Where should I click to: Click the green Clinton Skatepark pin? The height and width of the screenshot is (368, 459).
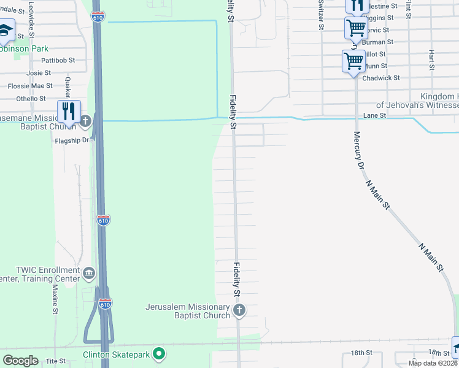coord(159,353)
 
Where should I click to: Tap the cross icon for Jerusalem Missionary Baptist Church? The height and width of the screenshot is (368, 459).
coord(239,310)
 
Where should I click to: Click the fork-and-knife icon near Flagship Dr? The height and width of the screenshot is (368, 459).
coord(69,112)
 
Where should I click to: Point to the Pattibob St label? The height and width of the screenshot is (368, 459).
coord(58,60)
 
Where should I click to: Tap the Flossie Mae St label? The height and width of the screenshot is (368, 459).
coord(34,86)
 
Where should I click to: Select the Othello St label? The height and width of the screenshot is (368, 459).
coord(31,98)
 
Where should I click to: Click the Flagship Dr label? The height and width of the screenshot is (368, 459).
coord(73,139)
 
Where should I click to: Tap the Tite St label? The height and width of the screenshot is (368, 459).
coord(55,361)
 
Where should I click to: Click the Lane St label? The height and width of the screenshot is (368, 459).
coord(374,115)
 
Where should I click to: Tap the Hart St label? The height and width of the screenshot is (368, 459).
coord(432,59)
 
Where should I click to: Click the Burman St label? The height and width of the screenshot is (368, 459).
coord(382,42)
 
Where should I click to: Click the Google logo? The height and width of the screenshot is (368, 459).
coord(20,361)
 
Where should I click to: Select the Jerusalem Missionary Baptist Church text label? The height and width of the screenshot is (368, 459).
coord(188,311)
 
